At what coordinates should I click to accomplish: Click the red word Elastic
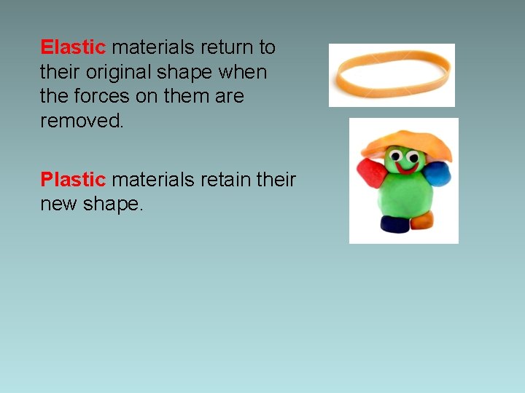pos(73,48)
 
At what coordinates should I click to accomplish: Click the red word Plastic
pos(73,179)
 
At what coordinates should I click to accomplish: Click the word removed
pos(82,121)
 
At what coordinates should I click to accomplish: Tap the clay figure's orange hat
pos(405,142)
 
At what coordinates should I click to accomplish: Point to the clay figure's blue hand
pos(437,175)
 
